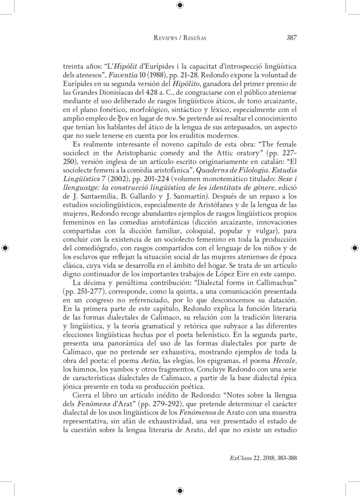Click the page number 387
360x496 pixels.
(291, 38)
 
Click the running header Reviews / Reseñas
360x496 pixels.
(180, 39)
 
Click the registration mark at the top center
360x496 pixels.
(180, 5)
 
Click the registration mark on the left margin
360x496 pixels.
(5, 248)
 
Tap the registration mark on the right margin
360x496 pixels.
(355, 248)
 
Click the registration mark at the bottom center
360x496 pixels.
(180, 490)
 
